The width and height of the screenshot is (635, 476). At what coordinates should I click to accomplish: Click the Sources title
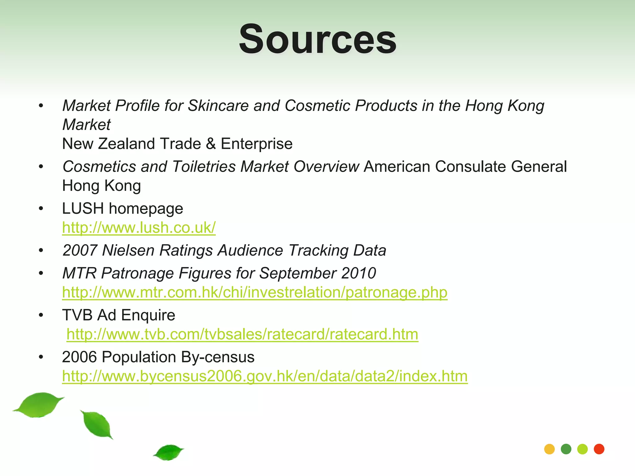pyautogui.click(x=317, y=39)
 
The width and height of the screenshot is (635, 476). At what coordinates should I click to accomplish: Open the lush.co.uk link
pyautogui.click(x=139, y=228)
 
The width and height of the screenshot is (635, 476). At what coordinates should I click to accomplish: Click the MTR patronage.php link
pyautogui.click(x=255, y=293)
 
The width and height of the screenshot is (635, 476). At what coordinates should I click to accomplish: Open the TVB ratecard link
pyautogui.click(x=242, y=335)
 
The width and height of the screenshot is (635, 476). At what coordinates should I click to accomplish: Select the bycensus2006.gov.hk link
pyautogui.click(x=265, y=377)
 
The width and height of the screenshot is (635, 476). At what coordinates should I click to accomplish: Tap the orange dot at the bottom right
pyautogui.click(x=549, y=449)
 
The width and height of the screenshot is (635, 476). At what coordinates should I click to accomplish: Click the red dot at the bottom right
pyautogui.click(x=599, y=449)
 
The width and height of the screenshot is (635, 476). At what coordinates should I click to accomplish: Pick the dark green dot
pyautogui.click(x=566, y=449)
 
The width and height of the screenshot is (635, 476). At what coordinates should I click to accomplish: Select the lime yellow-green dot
pyautogui.click(x=583, y=449)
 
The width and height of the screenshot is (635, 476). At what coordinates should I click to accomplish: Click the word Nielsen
pyautogui.click(x=128, y=250)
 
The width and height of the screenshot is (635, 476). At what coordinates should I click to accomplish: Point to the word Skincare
pyautogui.click(x=218, y=106)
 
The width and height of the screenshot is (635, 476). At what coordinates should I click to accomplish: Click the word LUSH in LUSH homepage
pyautogui.click(x=83, y=209)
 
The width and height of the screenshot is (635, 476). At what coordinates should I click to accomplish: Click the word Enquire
pyautogui.click(x=148, y=315)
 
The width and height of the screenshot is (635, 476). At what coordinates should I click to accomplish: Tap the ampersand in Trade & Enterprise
pyautogui.click(x=211, y=144)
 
